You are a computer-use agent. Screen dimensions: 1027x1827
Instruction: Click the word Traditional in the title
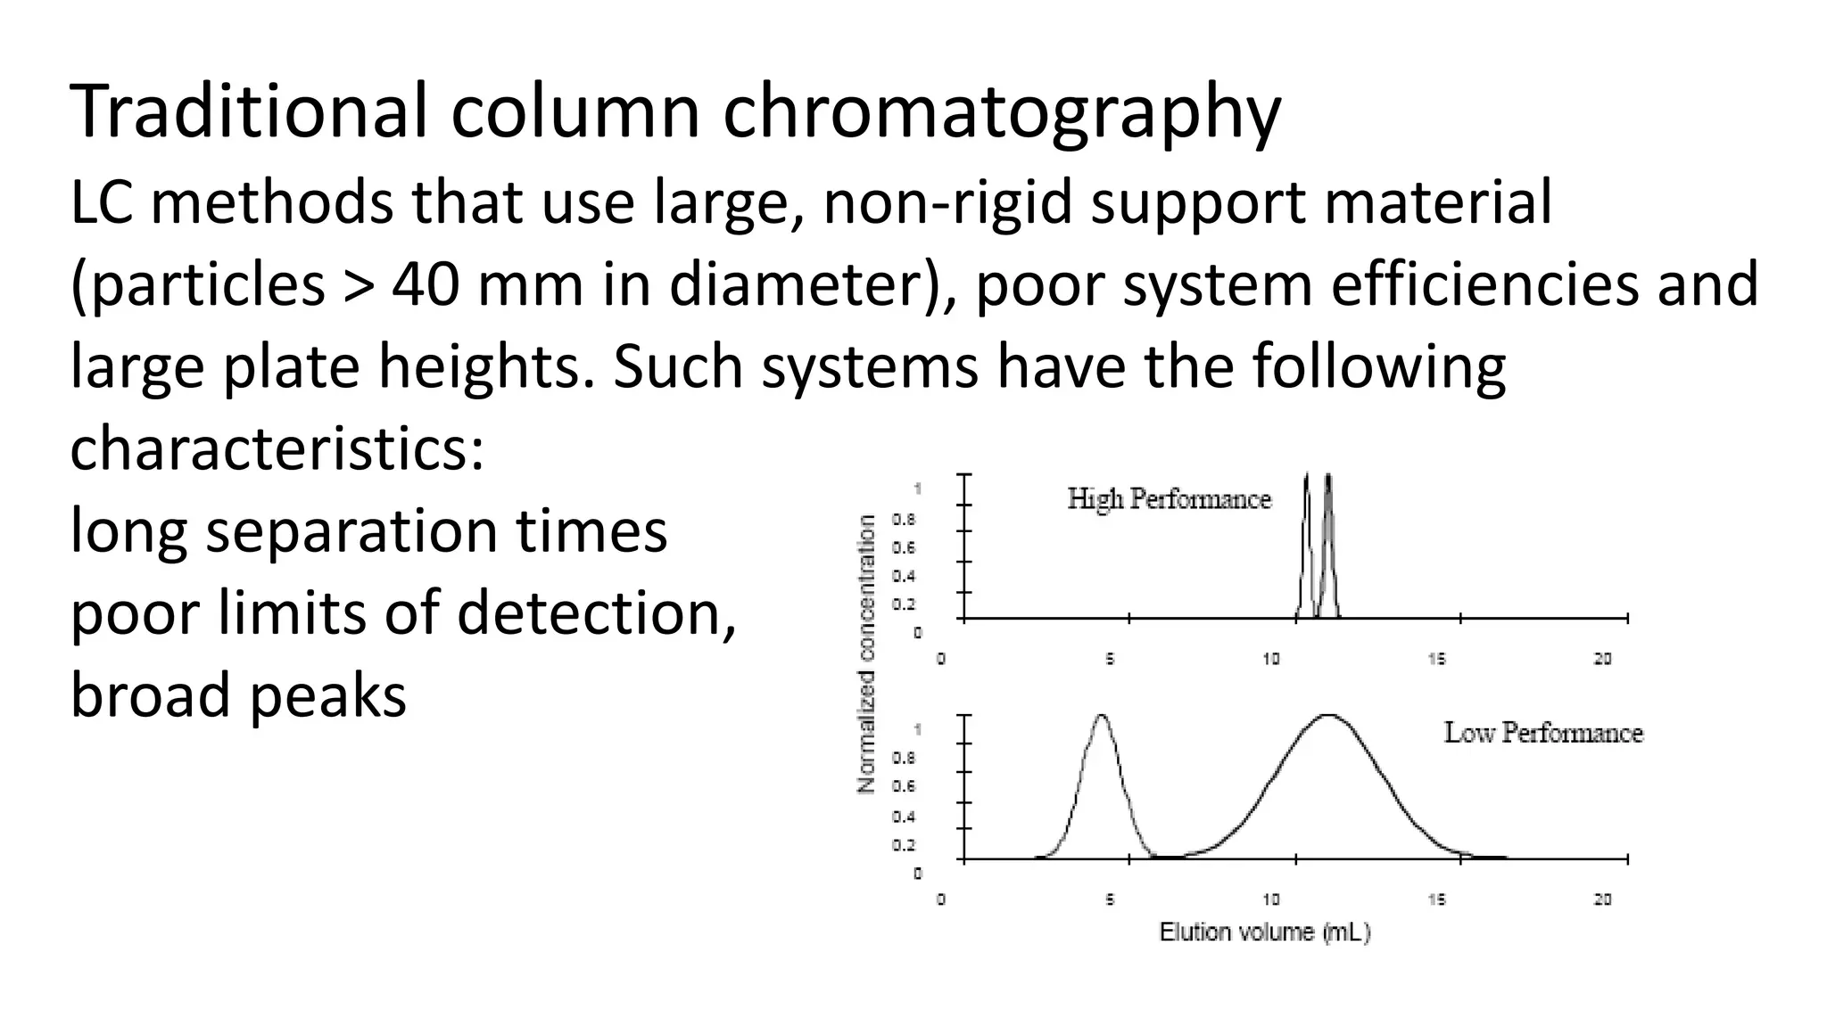(249, 112)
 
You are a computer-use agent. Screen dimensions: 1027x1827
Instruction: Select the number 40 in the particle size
(426, 285)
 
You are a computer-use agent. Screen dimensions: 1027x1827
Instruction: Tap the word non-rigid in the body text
(947, 202)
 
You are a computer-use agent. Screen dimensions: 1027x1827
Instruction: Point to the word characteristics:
(277, 448)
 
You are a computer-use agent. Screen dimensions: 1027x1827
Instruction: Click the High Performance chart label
(1169, 498)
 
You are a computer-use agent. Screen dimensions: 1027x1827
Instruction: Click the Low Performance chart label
(1543, 733)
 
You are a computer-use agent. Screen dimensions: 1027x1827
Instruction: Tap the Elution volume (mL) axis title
(1264, 933)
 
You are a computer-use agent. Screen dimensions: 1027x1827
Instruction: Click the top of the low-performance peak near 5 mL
(1102, 716)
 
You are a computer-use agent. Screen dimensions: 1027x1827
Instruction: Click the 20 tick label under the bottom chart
(1603, 900)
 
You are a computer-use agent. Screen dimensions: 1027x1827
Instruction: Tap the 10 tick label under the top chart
(1270, 659)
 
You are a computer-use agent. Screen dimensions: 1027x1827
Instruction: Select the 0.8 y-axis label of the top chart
(904, 519)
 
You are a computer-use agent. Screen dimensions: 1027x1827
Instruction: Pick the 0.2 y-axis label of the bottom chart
(904, 845)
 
